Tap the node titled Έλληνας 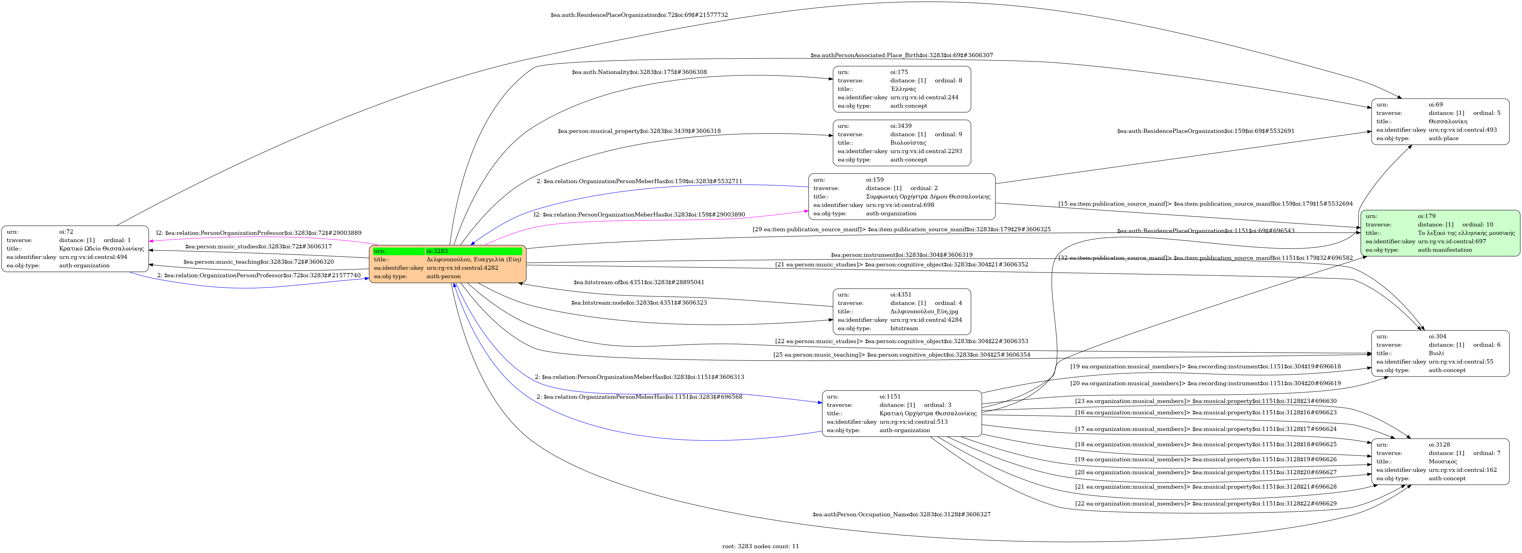tap(902, 89)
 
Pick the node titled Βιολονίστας tap(902, 143)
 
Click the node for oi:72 tap(75, 249)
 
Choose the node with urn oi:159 tap(902, 197)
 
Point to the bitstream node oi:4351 tap(902, 311)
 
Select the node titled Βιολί tap(1440, 353)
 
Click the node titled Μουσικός tap(1440, 461)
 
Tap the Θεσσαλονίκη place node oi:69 tap(1440, 122)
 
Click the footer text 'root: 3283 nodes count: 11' tap(761, 546)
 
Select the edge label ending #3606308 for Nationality tap(639, 72)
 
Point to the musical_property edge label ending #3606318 tap(639, 131)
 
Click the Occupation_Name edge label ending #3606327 tap(901, 515)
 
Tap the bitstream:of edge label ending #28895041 tap(639, 282)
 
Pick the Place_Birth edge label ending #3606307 tap(901, 56)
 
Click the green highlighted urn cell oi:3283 tap(473, 251)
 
